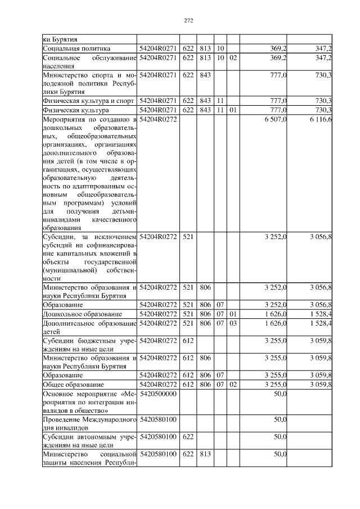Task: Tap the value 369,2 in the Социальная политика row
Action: pyautogui.click(x=279, y=49)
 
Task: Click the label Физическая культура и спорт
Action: pyautogui.click(x=88, y=101)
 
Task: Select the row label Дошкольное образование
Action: pyautogui.click(x=83, y=313)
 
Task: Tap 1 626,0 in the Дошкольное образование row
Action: pyautogui.click(x=276, y=313)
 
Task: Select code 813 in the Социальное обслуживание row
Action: pyautogui.click(x=205, y=57)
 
